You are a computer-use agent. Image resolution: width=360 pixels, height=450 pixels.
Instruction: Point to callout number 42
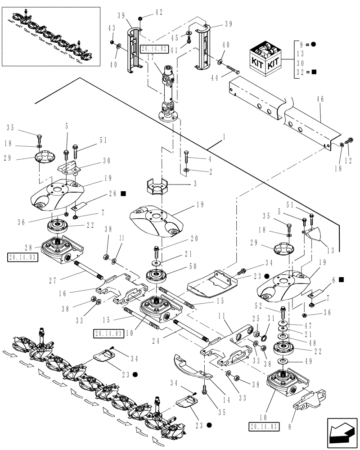(x=158, y=12)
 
